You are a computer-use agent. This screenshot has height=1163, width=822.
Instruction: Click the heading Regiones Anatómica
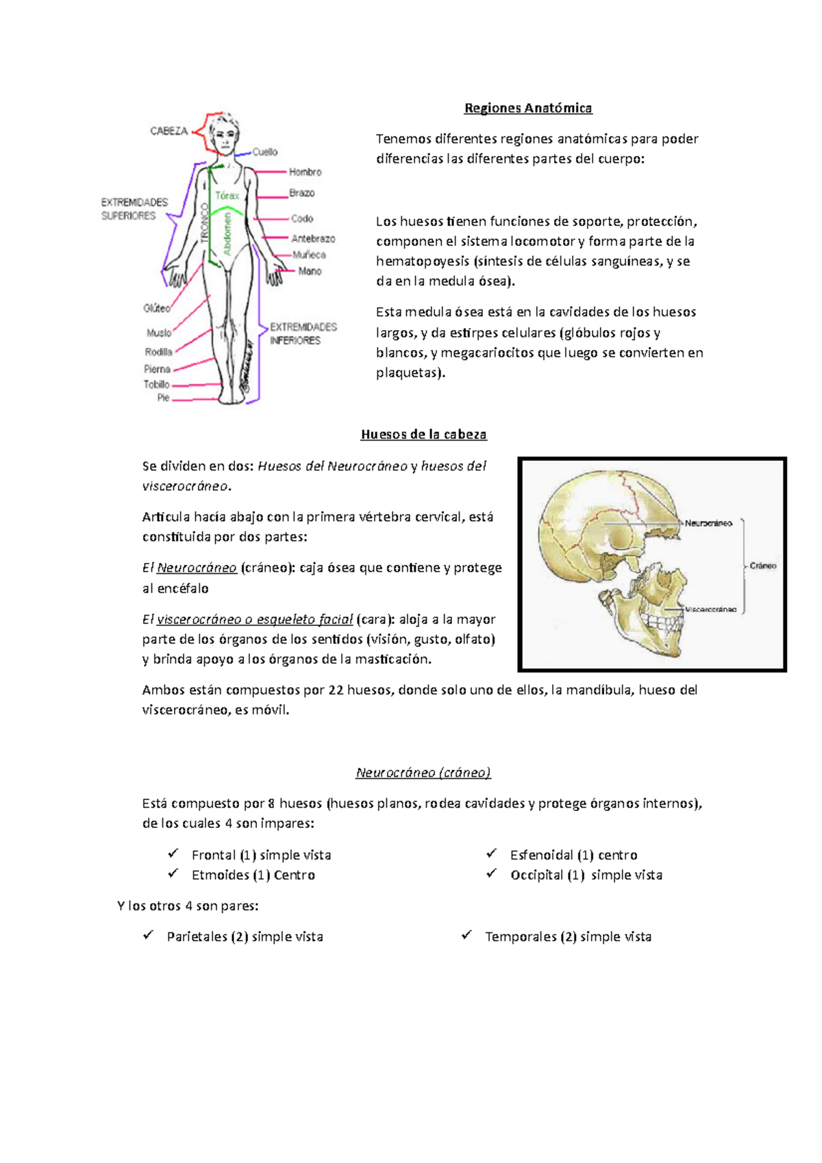tap(527, 108)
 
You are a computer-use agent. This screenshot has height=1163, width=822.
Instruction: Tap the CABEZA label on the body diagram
tap(169, 131)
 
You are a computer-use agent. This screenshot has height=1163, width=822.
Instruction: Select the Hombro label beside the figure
tap(305, 172)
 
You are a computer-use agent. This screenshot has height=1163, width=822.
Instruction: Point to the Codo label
tap(301, 218)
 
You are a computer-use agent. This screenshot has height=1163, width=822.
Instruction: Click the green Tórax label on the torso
tap(227, 195)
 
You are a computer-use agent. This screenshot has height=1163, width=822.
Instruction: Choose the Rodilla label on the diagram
tap(158, 352)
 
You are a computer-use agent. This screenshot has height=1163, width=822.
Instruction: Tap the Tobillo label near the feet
tap(156, 384)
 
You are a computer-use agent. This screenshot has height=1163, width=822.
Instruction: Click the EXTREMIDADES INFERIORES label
tap(303, 334)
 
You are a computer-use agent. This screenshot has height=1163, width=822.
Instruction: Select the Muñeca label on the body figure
tap(309, 255)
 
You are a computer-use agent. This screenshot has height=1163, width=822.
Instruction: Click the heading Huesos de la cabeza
tap(423, 434)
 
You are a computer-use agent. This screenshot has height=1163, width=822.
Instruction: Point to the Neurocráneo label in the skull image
tap(708, 523)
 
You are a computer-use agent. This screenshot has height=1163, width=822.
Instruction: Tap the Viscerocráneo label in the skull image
tap(711, 609)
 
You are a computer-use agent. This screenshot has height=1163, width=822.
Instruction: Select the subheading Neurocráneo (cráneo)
tap(423, 773)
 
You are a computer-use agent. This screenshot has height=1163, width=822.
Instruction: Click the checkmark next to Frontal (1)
tap(173, 853)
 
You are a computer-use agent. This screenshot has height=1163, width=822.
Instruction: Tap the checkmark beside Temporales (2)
tap(466, 935)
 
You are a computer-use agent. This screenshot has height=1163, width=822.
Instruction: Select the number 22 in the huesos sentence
tap(336, 690)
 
